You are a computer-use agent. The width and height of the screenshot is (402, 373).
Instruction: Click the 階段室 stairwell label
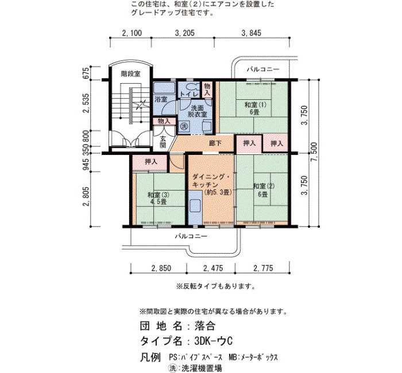coord(131,74)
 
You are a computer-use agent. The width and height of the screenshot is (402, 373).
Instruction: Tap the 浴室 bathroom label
coord(161,99)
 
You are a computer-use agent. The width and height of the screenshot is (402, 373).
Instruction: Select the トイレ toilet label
coord(189,94)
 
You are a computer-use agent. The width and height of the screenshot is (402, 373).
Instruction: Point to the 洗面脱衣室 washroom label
coord(197,111)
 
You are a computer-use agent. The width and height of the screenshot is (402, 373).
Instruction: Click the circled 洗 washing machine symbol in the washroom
coord(184,126)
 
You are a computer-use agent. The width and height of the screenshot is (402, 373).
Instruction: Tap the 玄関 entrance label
coord(163,142)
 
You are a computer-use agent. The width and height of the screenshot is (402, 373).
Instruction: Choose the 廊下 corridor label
coord(215,143)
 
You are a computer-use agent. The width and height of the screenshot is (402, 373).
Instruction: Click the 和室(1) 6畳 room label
coord(255,108)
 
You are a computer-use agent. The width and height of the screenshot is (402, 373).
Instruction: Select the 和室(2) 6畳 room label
coord(264,190)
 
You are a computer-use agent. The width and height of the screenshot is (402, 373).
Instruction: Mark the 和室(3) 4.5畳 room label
coord(159,199)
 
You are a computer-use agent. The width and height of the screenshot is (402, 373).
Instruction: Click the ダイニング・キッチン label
coord(212,181)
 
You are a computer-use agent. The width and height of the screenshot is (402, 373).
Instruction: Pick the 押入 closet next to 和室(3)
coord(151,162)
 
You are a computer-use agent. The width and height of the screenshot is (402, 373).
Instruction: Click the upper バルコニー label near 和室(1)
coord(263,69)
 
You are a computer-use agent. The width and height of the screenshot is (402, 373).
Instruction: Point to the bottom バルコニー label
coord(191,236)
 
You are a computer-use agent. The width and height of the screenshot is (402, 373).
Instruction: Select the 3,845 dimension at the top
coord(252,33)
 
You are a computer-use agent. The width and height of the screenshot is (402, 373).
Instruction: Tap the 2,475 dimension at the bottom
coord(213,268)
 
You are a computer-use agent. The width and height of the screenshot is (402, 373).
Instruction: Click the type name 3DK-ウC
coord(214,341)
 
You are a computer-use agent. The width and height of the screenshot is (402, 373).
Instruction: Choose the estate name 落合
coord(205,326)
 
